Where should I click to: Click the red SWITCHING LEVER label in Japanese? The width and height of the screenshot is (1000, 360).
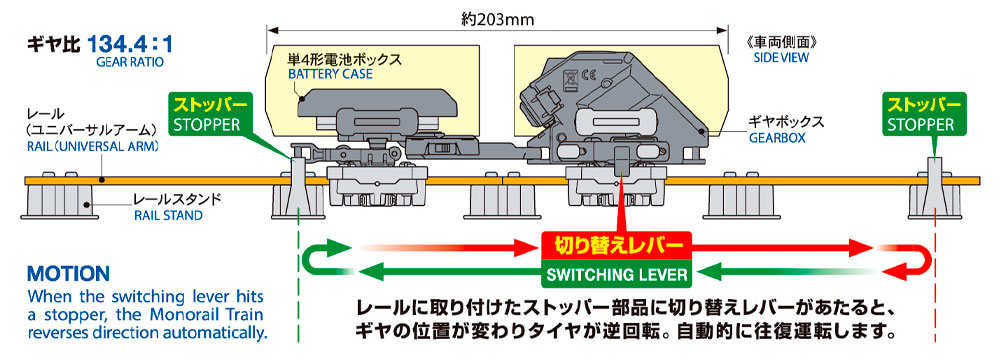point(617,244)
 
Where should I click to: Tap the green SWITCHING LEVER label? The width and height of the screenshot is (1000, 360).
point(617,274)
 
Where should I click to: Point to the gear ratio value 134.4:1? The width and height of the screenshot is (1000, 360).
point(131,45)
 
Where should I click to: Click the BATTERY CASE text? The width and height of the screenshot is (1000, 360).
point(330,75)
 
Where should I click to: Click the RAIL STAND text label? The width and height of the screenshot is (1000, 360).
point(168,216)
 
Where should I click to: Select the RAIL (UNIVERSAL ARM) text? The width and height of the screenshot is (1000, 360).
point(91,146)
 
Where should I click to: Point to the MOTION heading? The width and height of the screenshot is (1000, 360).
point(68,274)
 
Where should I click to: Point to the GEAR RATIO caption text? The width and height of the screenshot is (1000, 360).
point(130,63)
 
